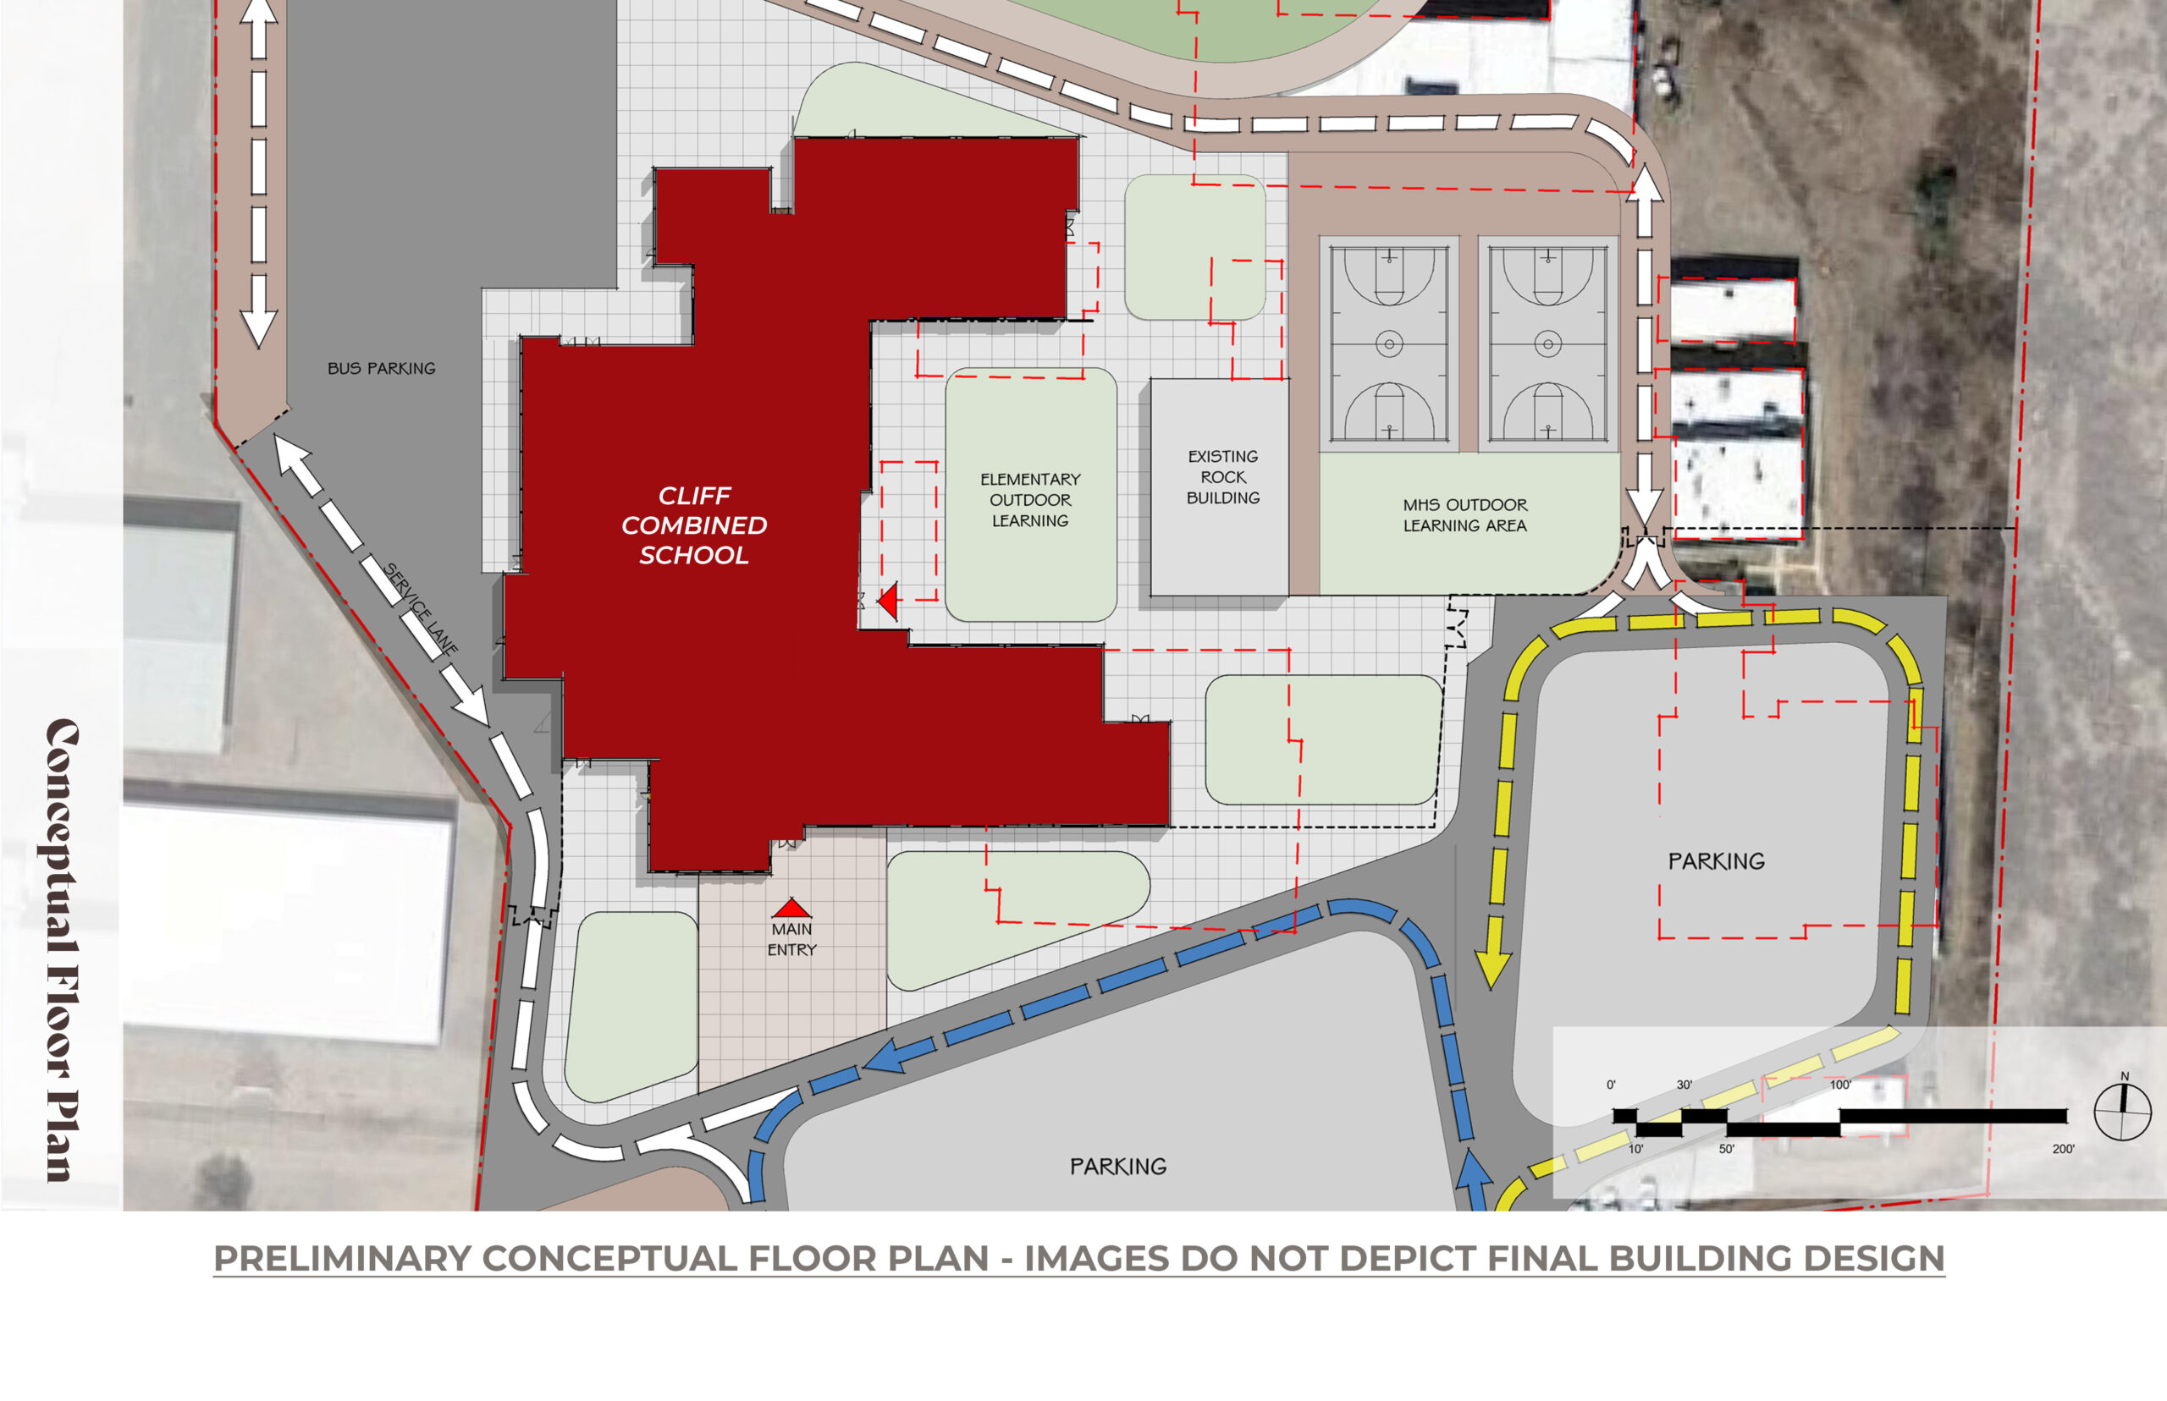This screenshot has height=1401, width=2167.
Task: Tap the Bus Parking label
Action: pyautogui.click(x=381, y=369)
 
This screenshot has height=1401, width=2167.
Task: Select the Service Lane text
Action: pyautogui.click(x=421, y=609)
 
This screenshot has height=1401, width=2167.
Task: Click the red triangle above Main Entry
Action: pyautogui.click(x=791, y=908)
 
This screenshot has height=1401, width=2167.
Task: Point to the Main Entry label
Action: pyautogui.click(x=791, y=939)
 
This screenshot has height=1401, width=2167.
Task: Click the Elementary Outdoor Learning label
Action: pyautogui.click(x=1030, y=499)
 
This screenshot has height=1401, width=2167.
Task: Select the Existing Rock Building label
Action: pyautogui.click(x=1222, y=476)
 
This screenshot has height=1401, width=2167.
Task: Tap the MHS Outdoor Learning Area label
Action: pyautogui.click(x=1464, y=515)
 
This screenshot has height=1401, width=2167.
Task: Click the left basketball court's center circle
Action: pyautogui.click(x=1389, y=343)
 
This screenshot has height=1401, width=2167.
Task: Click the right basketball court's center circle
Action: pyautogui.click(x=1548, y=343)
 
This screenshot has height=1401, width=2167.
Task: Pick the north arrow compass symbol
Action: pyautogui.click(x=2122, y=1112)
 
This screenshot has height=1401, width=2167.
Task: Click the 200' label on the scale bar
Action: pyautogui.click(x=2062, y=1149)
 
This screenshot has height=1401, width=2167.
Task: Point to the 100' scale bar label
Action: pyautogui.click(x=1839, y=1085)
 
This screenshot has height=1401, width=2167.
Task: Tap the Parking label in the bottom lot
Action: pyautogui.click(x=1117, y=1167)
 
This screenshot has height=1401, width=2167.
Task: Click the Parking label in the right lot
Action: pyautogui.click(x=1716, y=860)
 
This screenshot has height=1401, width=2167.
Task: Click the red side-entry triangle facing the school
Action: pyautogui.click(x=888, y=601)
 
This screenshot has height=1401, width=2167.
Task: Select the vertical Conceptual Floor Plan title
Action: pyautogui.click(x=62, y=950)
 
